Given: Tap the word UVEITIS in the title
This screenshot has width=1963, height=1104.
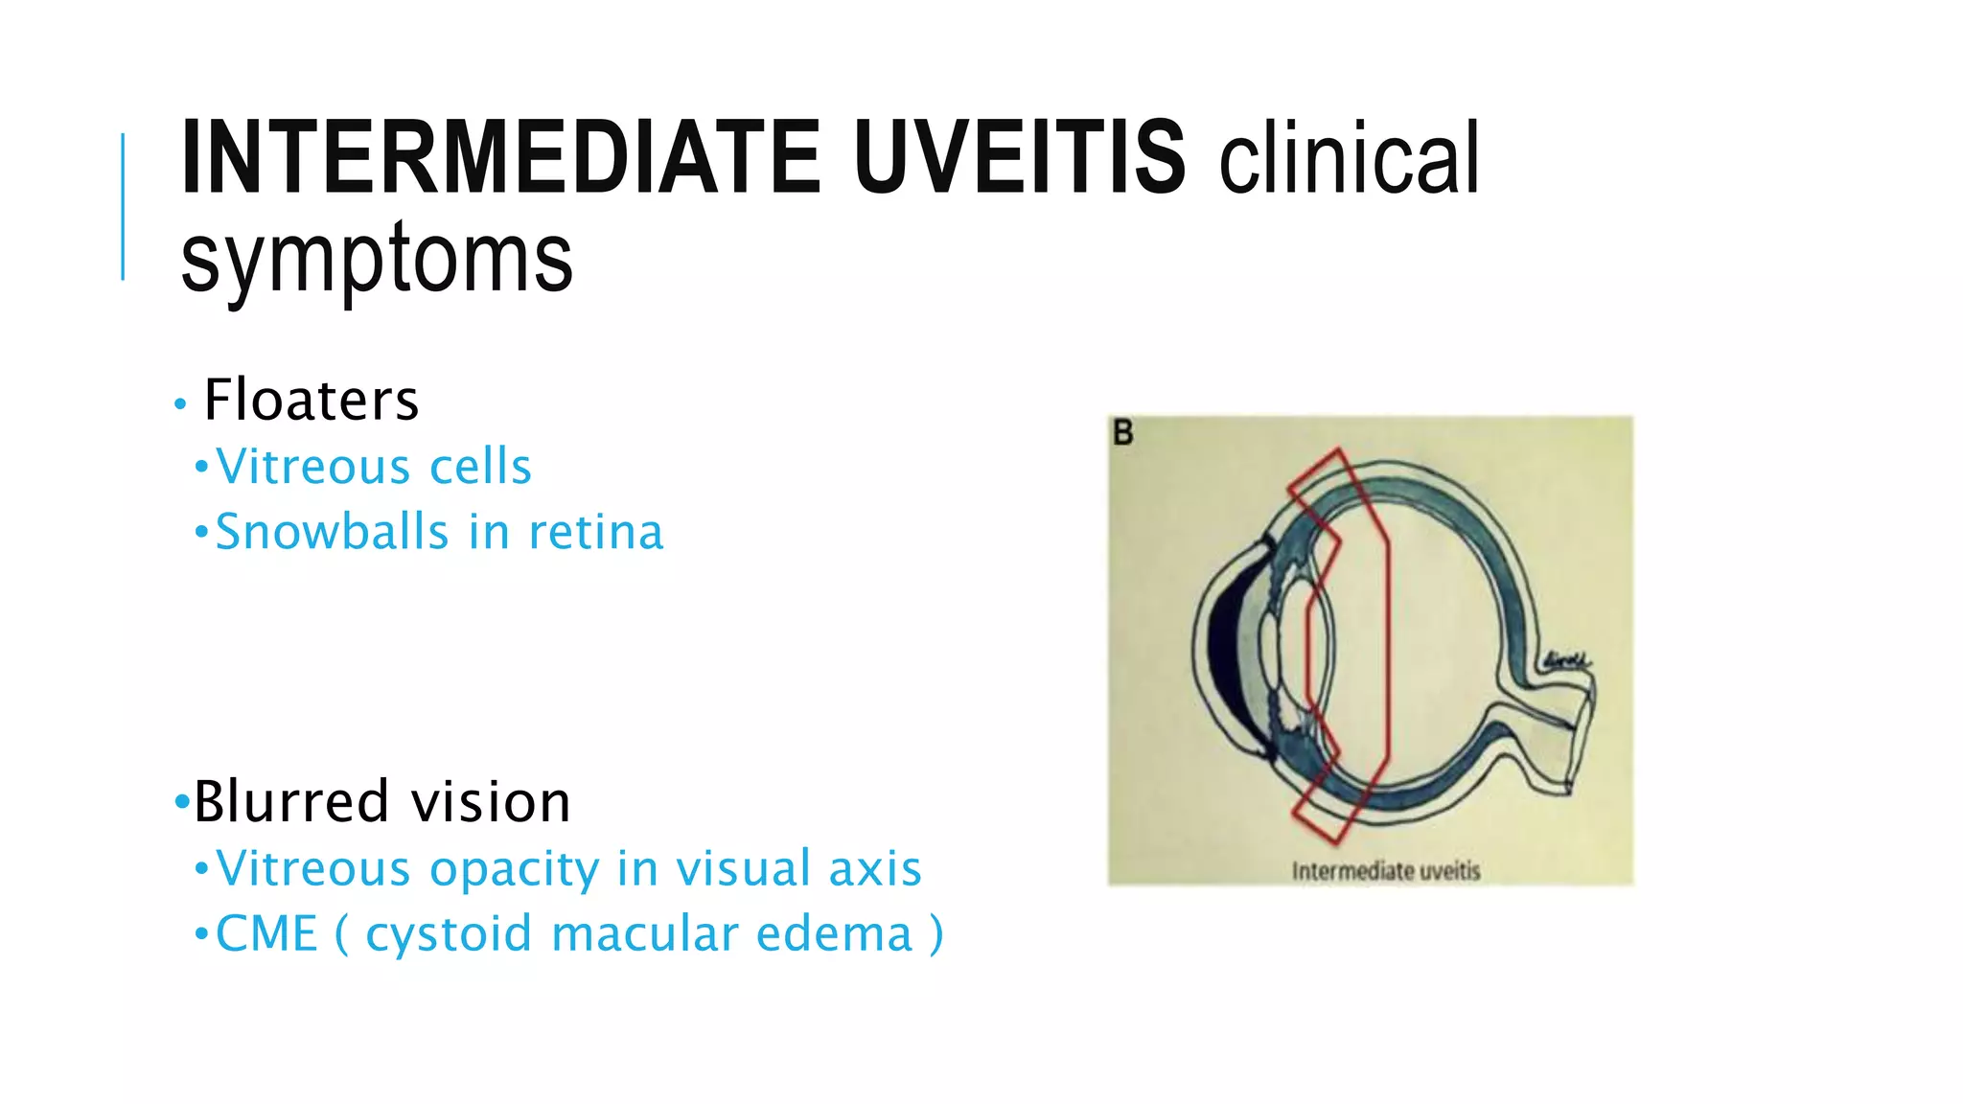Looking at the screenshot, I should (1020, 157).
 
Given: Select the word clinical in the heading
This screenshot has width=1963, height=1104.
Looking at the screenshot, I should (1350, 159).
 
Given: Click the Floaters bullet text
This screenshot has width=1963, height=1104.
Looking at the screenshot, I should (312, 400).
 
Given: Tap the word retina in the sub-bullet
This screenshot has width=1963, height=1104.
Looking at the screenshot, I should (595, 532).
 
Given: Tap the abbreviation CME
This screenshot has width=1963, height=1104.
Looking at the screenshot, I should (266, 933).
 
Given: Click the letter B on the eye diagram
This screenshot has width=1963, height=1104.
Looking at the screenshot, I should (1123, 433).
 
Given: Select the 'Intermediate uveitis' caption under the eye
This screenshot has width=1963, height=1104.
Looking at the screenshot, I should (1385, 871).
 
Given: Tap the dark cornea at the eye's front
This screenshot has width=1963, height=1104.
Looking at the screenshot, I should (1221, 652).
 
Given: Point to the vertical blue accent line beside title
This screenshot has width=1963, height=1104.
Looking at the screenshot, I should (123, 207).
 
